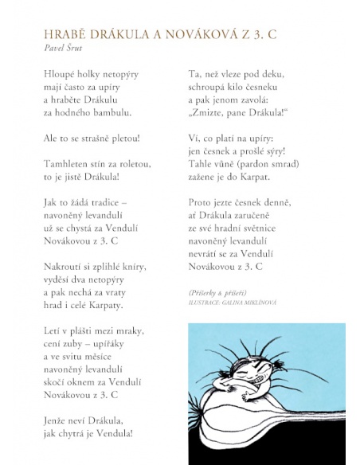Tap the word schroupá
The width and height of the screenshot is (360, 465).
pos(202,88)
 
